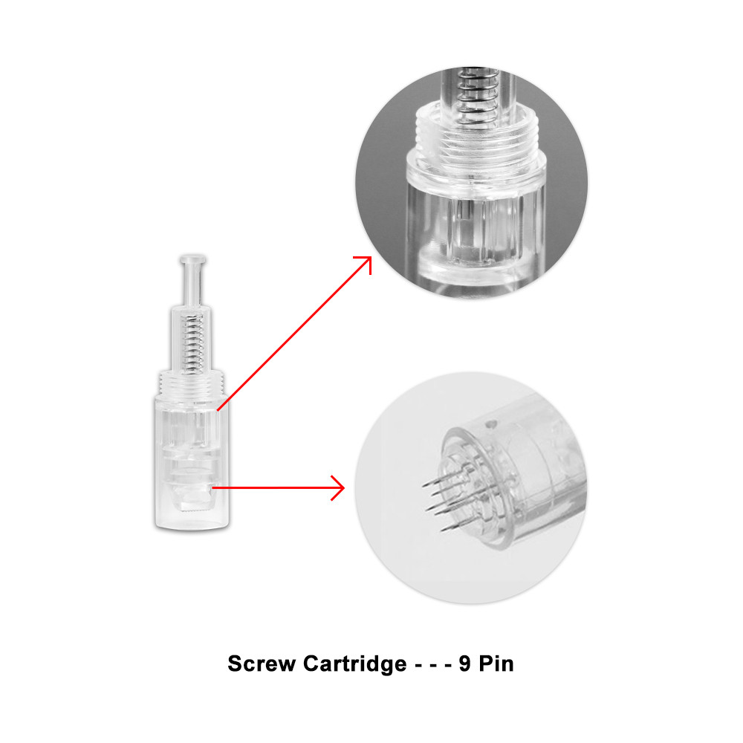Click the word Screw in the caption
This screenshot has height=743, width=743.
pyautogui.click(x=262, y=663)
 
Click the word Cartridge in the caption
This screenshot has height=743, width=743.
pyautogui.click(x=354, y=663)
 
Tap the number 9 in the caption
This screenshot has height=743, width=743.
pyautogui.click(x=465, y=663)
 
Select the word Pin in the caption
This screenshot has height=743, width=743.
pyautogui.click(x=496, y=663)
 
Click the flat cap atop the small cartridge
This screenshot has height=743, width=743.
pyautogui.click(x=192, y=259)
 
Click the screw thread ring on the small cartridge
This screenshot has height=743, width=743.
pyautogui.click(x=192, y=383)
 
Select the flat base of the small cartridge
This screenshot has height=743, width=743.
pyautogui.click(x=192, y=525)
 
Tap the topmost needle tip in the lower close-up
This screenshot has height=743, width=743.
pyautogui.click(x=424, y=486)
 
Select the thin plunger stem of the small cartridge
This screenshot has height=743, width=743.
pyautogui.click(x=192, y=285)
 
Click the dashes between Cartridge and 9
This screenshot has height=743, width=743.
pyautogui.click(x=432, y=665)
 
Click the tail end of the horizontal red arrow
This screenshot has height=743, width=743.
pyautogui.click(x=212, y=487)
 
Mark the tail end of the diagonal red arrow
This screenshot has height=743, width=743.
pyautogui.click(x=218, y=409)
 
